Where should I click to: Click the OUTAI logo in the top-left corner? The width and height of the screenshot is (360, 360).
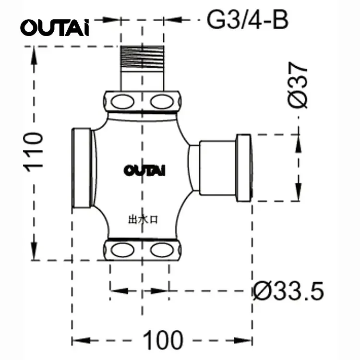pos(54,27)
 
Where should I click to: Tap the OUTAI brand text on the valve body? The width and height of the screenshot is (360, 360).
pos(144,170)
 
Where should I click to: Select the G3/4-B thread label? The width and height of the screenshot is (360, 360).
pos(247,20)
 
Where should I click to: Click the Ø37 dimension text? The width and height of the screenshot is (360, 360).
pos(299,85)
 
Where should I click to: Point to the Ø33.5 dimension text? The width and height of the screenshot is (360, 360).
pos(288,290)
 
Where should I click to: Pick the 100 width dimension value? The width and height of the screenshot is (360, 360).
pos(163,340)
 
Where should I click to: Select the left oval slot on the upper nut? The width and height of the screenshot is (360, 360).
pos(122,102)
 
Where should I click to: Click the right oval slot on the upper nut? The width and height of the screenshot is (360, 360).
pos(161,102)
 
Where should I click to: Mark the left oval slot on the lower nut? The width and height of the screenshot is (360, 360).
pos(122,250)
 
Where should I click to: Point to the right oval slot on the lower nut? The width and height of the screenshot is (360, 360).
pos(161,250)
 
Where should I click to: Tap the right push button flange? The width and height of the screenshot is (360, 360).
pos(243,168)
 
